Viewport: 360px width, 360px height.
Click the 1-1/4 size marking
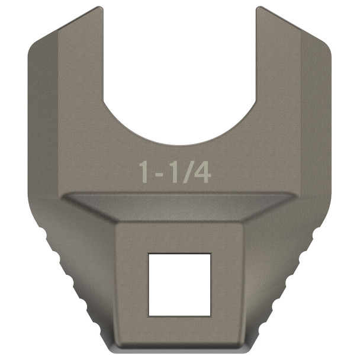click(175, 172)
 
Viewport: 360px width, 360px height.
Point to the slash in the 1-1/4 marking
click(188, 172)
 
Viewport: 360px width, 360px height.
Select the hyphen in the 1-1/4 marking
click(160, 173)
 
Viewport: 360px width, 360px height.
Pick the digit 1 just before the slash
click(175, 172)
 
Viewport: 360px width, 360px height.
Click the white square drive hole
click(179, 284)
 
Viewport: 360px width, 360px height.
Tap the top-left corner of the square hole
click(149, 254)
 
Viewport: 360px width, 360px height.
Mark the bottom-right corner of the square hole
click(210, 315)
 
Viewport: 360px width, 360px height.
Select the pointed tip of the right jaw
click(258, 8)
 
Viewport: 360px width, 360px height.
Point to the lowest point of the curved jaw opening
click(179, 144)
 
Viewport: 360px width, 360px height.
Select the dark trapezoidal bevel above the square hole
click(179, 207)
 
